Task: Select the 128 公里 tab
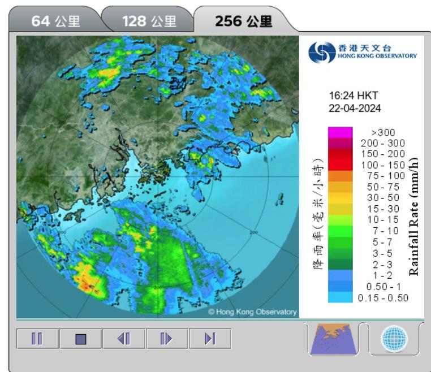[149, 21]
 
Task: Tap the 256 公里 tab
[243, 21]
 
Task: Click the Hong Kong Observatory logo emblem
[321, 52]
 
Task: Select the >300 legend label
[383, 132]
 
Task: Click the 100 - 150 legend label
[383, 165]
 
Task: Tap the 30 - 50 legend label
[383, 198]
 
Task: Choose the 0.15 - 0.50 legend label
[383, 297]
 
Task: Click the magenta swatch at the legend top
[339, 132]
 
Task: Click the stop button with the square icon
[80, 339]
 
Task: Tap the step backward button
[124, 339]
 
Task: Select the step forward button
[167, 339]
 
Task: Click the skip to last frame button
[210, 339]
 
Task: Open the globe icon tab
[394, 339]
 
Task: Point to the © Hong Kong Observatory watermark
[252, 312]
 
